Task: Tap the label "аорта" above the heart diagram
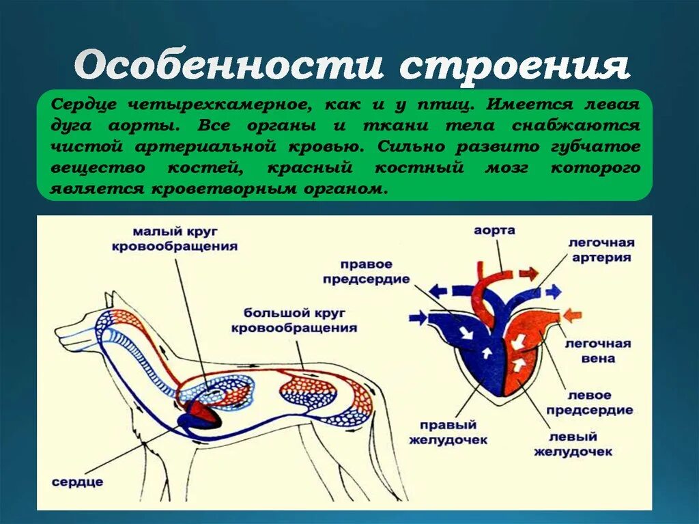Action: [494, 231]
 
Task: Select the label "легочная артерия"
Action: [600, 250]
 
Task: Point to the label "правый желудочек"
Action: [448, 432]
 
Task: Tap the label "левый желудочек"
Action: [573, 444]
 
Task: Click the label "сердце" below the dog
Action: [78, 482]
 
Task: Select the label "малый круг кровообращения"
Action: [175, 240]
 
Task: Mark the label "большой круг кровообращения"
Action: [294, 320]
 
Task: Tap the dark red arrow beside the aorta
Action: [528, 274]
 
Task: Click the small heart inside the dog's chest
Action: [201, 413]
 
